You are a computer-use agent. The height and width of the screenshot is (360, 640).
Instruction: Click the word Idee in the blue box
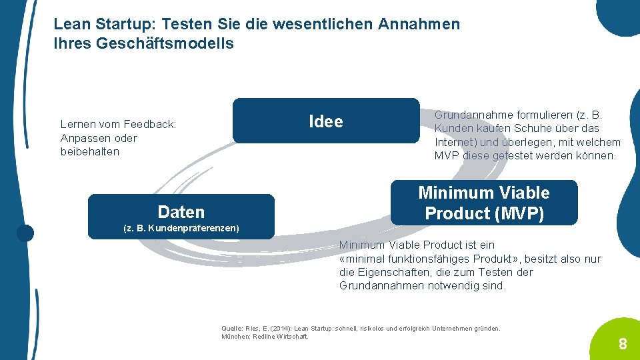pos(326,121)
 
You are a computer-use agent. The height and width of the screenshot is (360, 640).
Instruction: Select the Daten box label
pos(181,212)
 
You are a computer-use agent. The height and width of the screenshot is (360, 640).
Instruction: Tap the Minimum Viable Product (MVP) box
pos(484,203)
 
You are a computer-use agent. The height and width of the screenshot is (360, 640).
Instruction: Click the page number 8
pos(622,344)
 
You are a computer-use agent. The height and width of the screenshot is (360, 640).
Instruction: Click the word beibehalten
pos(89,151)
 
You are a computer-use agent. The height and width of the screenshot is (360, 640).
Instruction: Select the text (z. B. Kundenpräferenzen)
pos(181,229)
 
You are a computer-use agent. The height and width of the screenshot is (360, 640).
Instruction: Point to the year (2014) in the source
pos(279,329)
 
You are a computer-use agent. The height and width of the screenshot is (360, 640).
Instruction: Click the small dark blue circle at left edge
pos(25,233)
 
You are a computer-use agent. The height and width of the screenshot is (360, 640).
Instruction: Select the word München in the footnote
pos(234,336)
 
